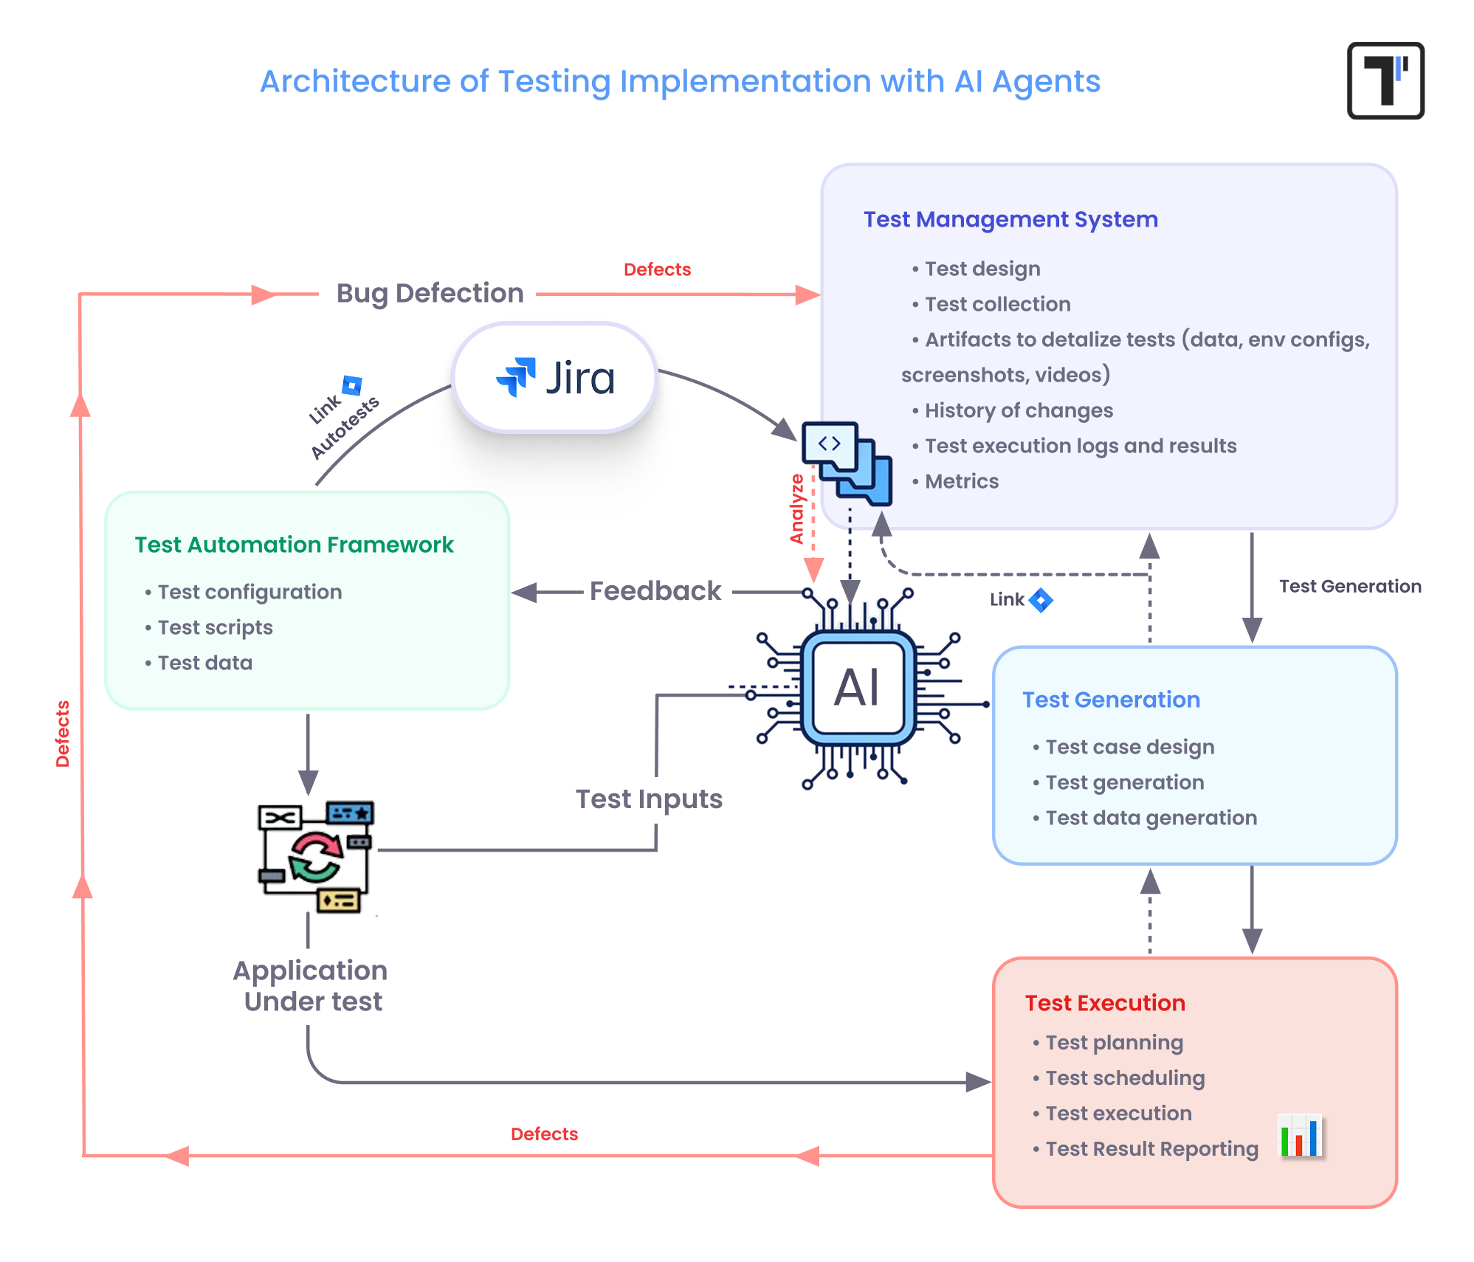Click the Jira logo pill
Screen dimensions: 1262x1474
[x=554, y=378]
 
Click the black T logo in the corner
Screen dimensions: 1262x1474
[x=1385, y=80]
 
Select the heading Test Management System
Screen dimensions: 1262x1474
[x=1010, y=219]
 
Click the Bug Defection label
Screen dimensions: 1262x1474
[x=430, y=293]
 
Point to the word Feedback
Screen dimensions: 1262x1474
[x=655, y=591]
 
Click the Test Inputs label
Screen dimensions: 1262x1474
[x=649, y=799]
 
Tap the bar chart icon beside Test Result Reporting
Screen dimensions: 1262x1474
[x=1301, y=1136]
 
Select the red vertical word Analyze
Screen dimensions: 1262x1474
[x=796, y=509]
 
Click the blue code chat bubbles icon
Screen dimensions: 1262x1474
[x=847, y=463]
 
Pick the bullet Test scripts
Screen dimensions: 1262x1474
[x=215, y=627]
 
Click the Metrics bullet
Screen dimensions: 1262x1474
[x=961, y=481]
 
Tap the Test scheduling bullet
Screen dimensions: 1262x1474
[x=1124, y=1078]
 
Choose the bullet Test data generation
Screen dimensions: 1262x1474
[x=1150, y=818]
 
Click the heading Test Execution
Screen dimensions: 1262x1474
[x=1104, y=1003]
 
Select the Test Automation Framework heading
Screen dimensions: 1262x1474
[x=294, y=545]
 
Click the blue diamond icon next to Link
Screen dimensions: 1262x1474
[x=1041, y=600]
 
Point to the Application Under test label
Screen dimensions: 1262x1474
[x=311, y=986]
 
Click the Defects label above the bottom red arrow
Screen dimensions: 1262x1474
[x=544, y=1134]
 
